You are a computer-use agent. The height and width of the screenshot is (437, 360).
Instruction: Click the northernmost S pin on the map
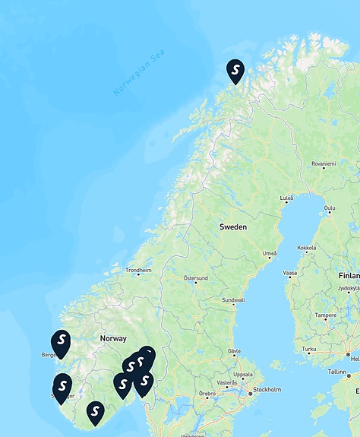235,71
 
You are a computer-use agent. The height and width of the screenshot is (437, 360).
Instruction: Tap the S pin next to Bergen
62,342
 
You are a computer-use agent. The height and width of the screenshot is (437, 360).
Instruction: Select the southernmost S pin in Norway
95,412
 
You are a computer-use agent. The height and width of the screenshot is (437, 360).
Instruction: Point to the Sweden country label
232,226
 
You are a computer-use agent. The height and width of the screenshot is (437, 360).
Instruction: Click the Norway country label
113,338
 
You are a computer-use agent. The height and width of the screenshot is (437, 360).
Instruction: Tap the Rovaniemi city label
323,163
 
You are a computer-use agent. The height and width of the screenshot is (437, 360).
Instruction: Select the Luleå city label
286,198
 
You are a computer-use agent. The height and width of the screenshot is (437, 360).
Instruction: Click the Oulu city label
329,207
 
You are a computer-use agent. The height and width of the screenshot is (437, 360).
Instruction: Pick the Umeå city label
270,253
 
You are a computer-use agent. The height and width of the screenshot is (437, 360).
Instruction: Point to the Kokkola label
307,248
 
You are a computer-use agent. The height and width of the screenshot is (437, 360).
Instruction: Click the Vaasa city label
290,273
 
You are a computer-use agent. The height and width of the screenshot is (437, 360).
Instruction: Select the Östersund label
195,278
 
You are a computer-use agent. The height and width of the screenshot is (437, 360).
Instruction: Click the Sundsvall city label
233,300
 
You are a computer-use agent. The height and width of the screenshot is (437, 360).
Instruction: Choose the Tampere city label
326,315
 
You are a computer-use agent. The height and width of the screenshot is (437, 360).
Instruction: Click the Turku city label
309,350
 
